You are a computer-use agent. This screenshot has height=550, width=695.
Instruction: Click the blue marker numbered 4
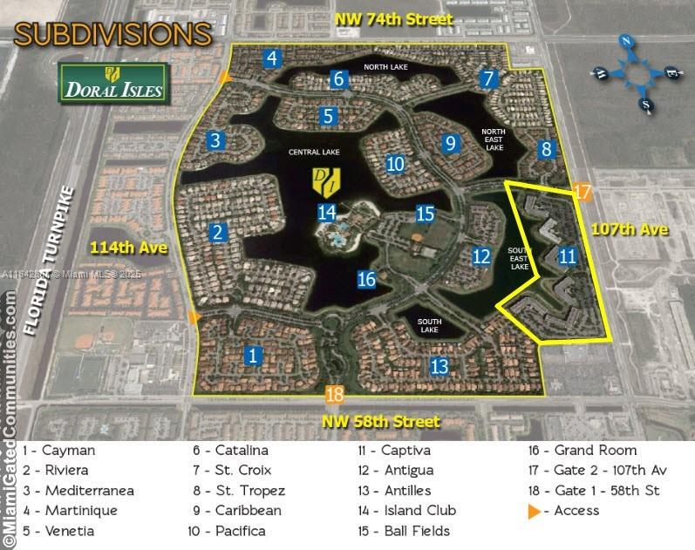click(273, 58)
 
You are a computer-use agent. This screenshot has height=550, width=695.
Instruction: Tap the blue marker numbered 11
click(568, 255)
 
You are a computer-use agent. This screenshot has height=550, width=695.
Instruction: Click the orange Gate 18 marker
click(334, 394)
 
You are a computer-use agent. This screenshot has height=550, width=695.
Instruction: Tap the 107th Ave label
click(629, 229)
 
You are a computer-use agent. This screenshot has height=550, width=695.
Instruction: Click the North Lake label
click(385, 67)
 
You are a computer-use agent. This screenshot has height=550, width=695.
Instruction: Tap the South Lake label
click(429, 326)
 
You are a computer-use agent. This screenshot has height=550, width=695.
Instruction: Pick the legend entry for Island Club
click(413, 510)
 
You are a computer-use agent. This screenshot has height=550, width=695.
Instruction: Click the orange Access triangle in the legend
click(535, 511)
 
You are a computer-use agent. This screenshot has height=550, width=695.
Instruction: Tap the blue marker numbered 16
click(366, 279)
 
